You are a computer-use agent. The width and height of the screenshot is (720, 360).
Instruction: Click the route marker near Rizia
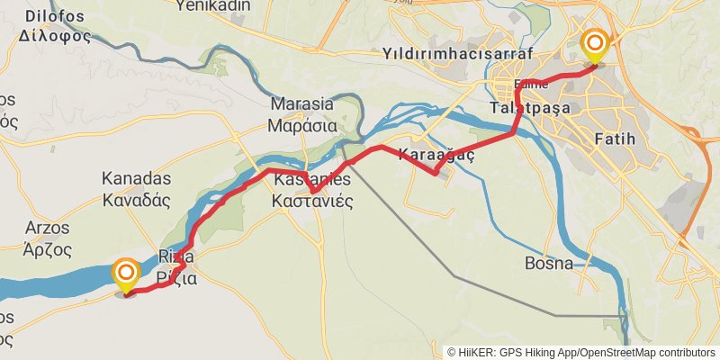[126, 273]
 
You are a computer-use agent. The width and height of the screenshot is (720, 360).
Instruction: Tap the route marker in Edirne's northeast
[594, 43]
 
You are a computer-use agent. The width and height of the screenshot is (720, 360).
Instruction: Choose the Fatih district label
[616, 139]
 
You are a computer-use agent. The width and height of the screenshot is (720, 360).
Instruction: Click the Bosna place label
[549, 264]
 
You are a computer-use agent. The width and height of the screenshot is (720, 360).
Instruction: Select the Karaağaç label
[436, 154]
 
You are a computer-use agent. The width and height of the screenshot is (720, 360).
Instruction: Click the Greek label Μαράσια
[308, 126]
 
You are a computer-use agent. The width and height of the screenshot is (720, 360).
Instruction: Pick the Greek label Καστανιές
[311, 201]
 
